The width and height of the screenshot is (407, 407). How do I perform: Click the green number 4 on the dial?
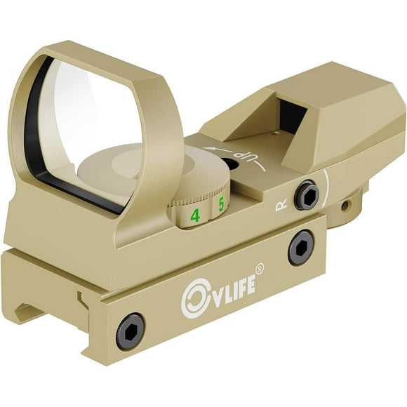pos(195,216)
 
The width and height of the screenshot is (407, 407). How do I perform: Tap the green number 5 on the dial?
pos(221,204)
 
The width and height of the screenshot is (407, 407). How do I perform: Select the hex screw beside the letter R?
pos(307,196)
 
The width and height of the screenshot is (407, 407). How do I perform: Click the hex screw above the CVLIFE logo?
pos(300,247)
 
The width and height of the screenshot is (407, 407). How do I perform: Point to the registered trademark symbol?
pos(260,267)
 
